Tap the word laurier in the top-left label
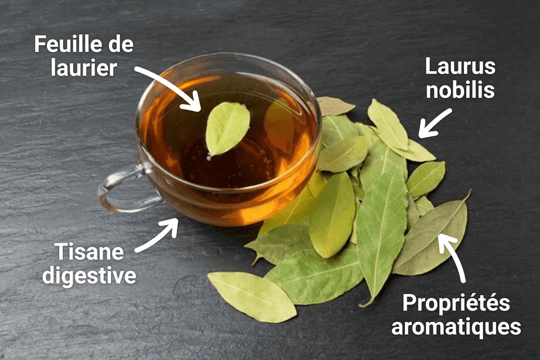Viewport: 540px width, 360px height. (x=84, y=68)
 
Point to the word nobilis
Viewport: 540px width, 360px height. (x=460, y=90)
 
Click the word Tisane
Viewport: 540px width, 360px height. (x=89, y=252)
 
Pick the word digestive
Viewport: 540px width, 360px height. (x=89, y=276)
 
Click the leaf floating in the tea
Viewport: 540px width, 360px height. (x=228, y=128)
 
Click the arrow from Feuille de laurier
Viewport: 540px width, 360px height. (x=171, y=87)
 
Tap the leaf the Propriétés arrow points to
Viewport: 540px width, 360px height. (x=433, y=238)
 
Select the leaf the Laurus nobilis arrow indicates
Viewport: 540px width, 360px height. (x=413, y=149)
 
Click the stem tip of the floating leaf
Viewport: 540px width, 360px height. (x=209, y=157)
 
